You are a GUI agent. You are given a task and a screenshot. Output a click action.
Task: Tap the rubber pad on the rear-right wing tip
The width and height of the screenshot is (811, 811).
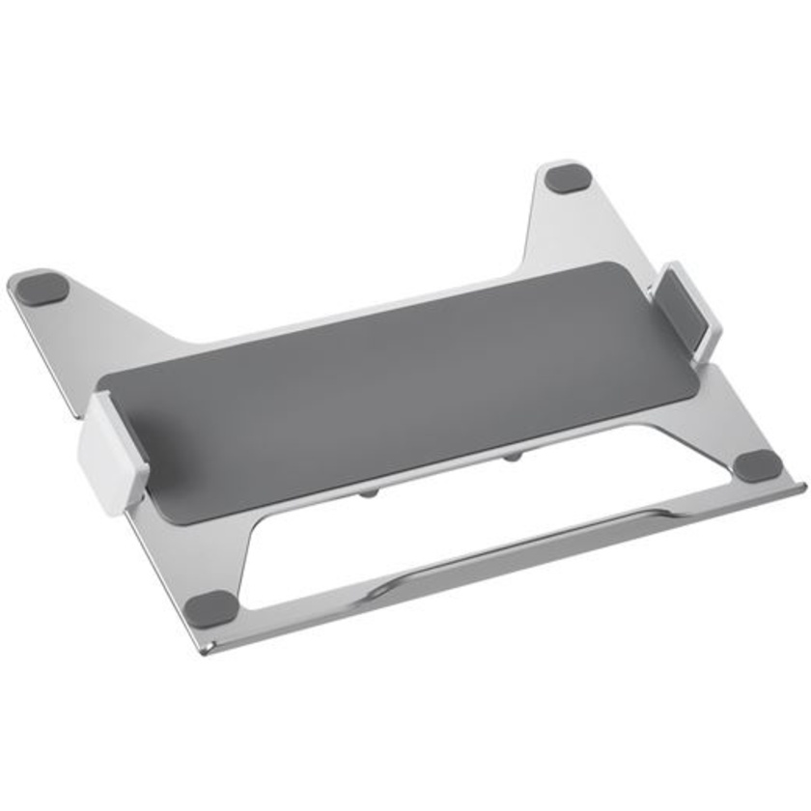point(567,179)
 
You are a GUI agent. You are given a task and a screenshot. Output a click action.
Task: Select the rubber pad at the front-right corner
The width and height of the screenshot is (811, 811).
point(759,465)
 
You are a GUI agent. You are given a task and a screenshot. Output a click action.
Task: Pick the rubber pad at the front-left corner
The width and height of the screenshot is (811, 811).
point(211,609)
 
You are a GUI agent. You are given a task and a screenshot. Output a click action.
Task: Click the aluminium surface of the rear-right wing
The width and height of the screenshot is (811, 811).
point(570,232)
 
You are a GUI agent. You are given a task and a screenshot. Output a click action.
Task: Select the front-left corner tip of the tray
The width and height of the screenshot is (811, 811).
point(205,649)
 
